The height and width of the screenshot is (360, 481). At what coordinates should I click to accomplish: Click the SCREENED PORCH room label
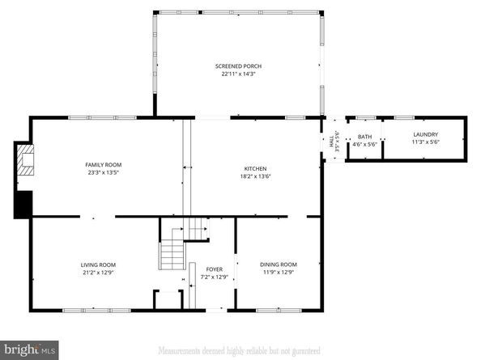pyautogui.click(x=238, y=66)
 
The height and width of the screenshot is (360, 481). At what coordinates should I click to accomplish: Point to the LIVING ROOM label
pyautogui.click(x=98, y=265)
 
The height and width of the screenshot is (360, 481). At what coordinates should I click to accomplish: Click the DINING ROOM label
pyautogui.click(x=278, y=265)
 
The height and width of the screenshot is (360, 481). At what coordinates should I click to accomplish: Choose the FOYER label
pyautogui.click(x=215, y=270)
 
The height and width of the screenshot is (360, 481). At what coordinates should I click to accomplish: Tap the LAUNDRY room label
pyautogui.click(x=425, y=134)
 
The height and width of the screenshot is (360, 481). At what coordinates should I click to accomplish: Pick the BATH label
pyautogui.click(x=365, y=137)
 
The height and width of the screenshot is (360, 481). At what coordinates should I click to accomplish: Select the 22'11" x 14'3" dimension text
pyautogui.click(x=238, y=74)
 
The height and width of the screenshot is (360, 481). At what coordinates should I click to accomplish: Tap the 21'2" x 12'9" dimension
pyautogui.click(x=98, y=273)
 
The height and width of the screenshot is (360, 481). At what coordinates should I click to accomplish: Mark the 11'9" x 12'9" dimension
pyautogui.click(x=278, y=273)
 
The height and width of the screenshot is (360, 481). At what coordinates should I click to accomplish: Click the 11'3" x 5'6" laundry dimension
pyautogui.click(x=425, y=142)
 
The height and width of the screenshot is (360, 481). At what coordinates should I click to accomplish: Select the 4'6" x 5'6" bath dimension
pyautogui.click(x=365, y=145)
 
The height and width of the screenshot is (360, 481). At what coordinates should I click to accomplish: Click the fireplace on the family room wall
pyautogui.click(x=27, y=159)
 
